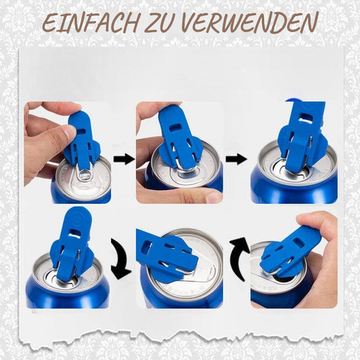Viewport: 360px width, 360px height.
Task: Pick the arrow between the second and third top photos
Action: tap(236, 158)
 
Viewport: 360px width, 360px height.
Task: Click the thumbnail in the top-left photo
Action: tap(67, 133)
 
